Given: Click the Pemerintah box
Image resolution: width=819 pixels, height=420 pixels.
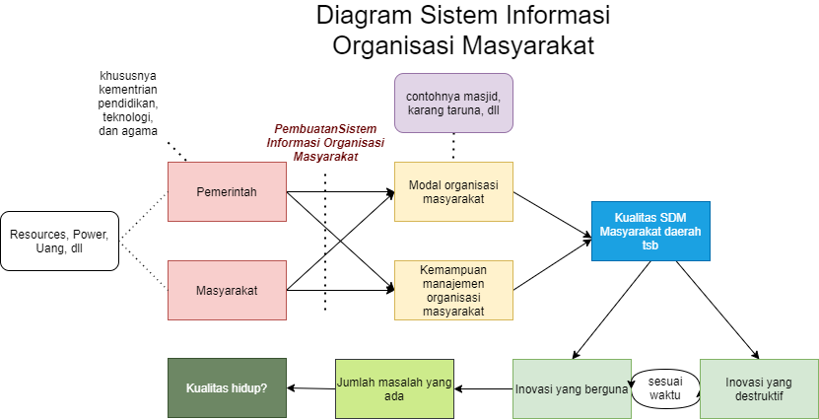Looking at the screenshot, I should tap(227, 191).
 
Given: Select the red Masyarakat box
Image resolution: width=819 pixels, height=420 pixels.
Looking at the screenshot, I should tap(227, 290).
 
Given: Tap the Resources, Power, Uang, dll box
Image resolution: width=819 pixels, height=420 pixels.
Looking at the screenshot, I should tap(60, 242).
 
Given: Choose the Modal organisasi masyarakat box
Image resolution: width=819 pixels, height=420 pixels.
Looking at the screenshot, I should tap(453, 191).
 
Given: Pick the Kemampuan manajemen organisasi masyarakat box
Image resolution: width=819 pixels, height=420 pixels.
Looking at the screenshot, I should tap(453, 290).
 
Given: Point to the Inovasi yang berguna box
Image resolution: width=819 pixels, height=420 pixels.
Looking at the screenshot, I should tap(572, 387).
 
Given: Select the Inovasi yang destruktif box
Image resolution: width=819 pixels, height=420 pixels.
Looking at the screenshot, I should tap(759, 387).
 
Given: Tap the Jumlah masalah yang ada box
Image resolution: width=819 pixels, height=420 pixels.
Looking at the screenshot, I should tap(394, 387).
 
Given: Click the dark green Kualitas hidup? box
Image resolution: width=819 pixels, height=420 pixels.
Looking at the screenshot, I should tap(227, 387).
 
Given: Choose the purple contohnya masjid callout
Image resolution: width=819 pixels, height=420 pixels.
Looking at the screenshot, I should tap(453, 103).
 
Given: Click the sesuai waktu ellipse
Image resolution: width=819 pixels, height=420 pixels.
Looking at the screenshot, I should tap(665, 387).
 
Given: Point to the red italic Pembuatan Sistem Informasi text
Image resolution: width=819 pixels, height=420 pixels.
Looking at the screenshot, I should tap(325, 143).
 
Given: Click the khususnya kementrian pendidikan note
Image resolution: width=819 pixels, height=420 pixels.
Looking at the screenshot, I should tap(129, 103).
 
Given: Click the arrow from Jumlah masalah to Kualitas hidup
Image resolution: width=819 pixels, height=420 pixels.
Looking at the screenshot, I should tap(310, 387).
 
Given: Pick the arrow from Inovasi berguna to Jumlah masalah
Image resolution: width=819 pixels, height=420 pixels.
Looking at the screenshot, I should tap(483, 387).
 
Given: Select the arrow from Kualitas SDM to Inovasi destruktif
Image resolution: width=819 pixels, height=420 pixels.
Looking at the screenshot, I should tap(717, 308).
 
